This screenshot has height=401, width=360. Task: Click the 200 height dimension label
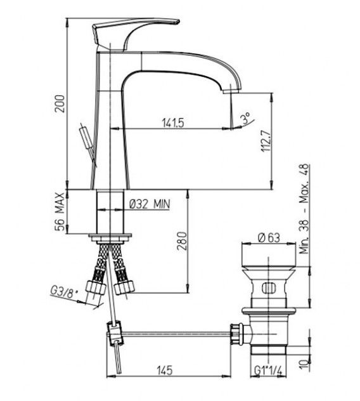click(x=61, y=104)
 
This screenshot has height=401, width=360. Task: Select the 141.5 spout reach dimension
click(x=173, y=123)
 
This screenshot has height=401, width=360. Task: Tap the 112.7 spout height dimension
click(x=266, y=141)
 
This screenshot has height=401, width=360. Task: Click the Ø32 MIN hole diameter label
click(x=149, y=204)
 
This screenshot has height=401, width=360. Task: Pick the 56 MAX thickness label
click(x=60, y=212)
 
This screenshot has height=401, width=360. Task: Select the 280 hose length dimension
click(x=183, y=241)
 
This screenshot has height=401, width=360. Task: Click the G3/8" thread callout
click(x=63, y=292)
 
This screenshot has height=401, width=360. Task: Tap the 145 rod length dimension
click(x=165, y=371)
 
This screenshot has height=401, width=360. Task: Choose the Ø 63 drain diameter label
click(x=269, y=237)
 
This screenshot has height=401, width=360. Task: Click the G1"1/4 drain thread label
click(x=268, y=370)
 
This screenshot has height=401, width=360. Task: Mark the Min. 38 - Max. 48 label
click(x=304, y=209)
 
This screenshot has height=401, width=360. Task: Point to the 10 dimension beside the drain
click(x=304, y=364)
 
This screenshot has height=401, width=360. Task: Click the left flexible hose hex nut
click(x=96, y=287)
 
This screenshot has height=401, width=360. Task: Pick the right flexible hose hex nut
click(x=124, y=287)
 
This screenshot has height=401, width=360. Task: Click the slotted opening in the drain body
click(x=269, y=288)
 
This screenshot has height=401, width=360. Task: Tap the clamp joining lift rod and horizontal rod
click(x=115, y=332)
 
